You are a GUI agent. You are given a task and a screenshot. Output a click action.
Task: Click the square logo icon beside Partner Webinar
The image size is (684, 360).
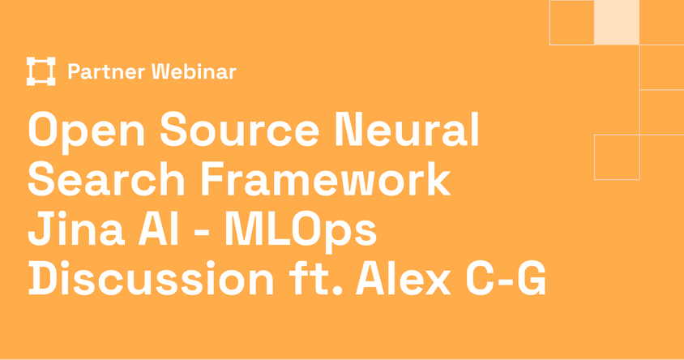[x=41, y=71]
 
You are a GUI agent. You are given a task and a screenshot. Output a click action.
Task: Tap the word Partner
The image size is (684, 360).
[x=106, y=72]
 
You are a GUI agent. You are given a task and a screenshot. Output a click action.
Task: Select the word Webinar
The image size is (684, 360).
[x=195, y=71]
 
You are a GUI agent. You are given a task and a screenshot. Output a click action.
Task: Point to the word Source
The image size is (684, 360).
[x=240, y=129]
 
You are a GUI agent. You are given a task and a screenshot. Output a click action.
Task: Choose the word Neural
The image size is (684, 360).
[x=408, y=129]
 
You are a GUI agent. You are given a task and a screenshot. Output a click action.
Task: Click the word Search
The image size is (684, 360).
[x=107, y=179]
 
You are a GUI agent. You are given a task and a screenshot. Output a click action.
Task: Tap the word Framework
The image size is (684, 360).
[x=326, y=179]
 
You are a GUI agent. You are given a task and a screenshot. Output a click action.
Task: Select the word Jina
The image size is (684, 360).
[x=76, y=229]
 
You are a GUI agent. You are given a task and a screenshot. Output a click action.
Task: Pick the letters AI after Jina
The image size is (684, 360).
[x=158, y=229]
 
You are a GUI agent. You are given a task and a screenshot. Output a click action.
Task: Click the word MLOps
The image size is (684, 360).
[x=301, y=232]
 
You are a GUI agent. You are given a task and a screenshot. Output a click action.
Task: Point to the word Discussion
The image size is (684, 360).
[x=151, y=278]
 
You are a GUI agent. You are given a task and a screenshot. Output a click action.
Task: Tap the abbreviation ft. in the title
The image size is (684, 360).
[x=315, y=278]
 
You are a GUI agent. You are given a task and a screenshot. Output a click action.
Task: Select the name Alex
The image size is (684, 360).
[x=404, y=278]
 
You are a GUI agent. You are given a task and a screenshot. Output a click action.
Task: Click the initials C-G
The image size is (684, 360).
[x=506, y=278]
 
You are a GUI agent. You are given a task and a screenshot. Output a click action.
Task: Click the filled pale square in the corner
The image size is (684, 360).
[x=617, y=22]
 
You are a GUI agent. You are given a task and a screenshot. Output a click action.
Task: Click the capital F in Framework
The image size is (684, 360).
[x=214, y=179]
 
